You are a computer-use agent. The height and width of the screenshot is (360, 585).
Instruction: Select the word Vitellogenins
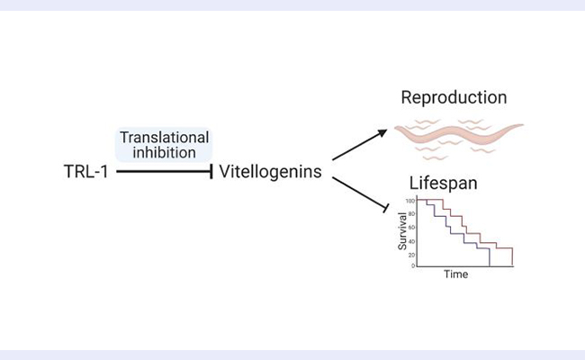[270, 169]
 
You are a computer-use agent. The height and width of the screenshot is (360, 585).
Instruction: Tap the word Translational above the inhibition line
[165, 138]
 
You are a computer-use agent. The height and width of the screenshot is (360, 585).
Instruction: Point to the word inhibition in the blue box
[165, 152]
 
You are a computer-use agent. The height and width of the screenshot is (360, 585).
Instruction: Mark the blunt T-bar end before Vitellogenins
[212, 169]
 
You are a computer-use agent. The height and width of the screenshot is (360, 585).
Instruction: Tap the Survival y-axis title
[403, 231]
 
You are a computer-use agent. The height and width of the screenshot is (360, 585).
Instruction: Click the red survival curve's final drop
[512, 256]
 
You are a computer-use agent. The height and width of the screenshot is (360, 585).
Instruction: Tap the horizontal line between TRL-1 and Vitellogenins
[162, 169]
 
